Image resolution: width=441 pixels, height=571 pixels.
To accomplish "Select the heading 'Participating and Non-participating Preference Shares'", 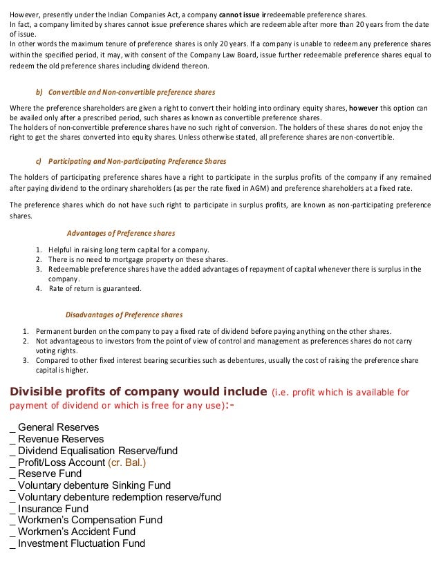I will point(138,162).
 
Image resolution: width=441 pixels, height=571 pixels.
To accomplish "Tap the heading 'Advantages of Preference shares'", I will point(120,233).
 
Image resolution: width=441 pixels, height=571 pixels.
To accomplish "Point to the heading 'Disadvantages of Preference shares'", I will point(124,315).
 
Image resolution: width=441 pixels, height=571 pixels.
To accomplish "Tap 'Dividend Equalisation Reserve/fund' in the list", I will point(97,451).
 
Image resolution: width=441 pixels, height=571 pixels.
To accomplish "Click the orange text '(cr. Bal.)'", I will point(127,462).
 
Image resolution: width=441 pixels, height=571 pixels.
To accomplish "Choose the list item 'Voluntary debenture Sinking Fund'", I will point(94,485).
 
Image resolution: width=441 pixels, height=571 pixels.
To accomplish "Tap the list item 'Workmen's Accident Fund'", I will point(77,532).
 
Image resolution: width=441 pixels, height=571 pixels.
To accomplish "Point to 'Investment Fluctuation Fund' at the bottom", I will point(82,543).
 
